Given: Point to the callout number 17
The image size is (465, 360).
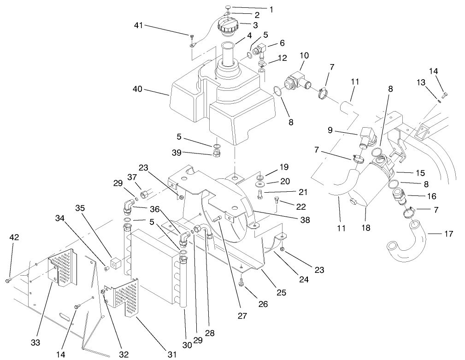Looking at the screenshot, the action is coord(447,234).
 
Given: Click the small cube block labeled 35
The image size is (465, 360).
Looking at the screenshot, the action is coord(115,263).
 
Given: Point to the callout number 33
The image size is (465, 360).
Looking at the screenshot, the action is coord(35,342).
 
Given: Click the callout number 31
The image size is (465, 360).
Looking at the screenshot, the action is coord(172,354).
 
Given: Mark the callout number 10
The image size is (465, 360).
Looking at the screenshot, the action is coord(303,56).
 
